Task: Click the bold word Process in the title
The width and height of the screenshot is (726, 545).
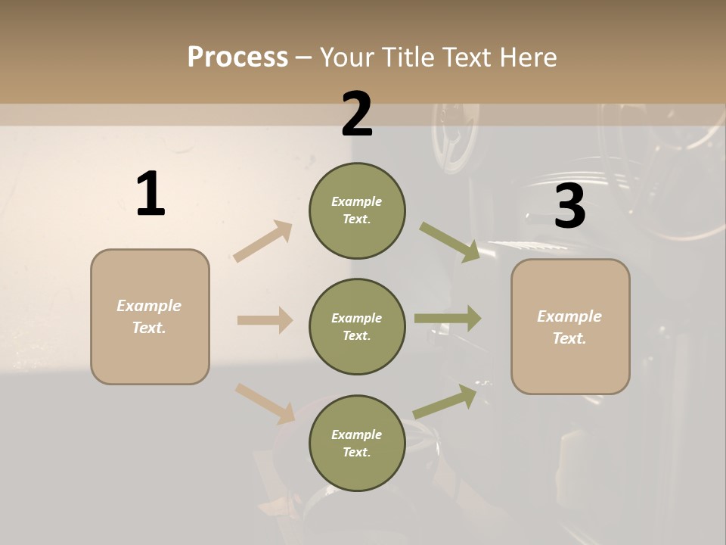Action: [237, 57]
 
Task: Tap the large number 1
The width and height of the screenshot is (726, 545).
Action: [150, 195]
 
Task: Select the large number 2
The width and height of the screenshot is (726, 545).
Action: [357, 114]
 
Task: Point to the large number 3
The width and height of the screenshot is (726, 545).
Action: [569, 206]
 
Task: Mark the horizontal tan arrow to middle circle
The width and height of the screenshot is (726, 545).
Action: [265, 320]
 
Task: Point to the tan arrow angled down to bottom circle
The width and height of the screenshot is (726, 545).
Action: [265, 403]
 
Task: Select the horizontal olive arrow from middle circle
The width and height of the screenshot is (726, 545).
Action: [448, 319]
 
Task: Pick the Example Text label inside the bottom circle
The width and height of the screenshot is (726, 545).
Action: [357, 443]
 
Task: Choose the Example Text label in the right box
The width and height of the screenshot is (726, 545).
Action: [569, 327]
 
